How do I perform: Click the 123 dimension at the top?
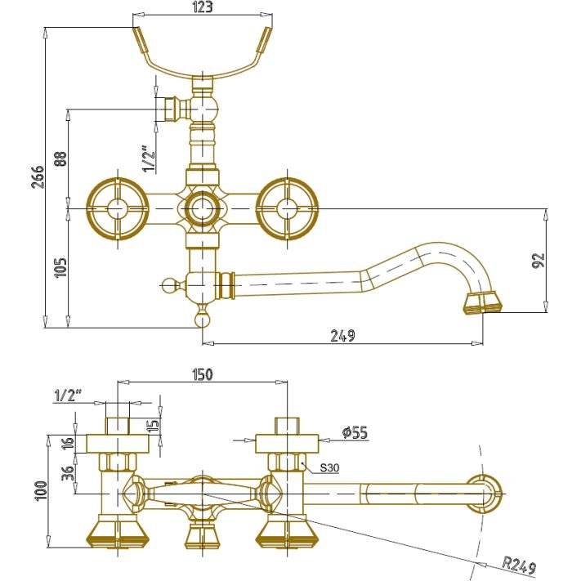(x=203, y=8)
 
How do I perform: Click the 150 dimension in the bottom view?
(x=203, y=374)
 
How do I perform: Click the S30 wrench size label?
(x=329, y=468)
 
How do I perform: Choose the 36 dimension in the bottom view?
(x=68, y=472)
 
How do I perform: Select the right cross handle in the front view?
(x=287, y=208)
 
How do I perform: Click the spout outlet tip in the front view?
(x=481, y=302)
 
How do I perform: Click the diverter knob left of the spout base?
(x=169, y=285)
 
